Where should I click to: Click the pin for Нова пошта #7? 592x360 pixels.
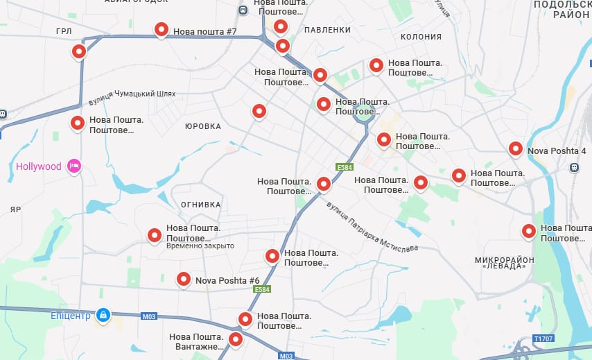point(162,29)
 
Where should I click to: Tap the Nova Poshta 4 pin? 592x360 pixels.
point(515,148)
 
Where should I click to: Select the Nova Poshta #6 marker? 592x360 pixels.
point(184,279)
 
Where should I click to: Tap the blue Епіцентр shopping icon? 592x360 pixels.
point(103,316)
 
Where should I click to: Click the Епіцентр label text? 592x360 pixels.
point(71,316)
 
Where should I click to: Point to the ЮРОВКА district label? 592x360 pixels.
point(203,126)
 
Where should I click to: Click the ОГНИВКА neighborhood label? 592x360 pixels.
point(200,205)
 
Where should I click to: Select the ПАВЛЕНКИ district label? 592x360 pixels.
point(327,30)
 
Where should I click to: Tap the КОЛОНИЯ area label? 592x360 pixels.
point(421,37)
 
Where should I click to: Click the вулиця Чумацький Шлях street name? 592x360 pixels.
point(132,97)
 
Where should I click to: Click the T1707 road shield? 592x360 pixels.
point(544,339)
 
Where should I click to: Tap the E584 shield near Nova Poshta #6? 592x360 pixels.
point(261,289)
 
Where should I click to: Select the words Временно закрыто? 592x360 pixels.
point(200,246)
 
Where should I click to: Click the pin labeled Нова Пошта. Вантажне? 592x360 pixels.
point(236,339)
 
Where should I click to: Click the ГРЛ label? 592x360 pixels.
point(64,31)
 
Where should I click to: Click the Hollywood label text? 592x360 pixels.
point(39,166)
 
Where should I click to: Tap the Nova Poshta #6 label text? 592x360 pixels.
point(227,280)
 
